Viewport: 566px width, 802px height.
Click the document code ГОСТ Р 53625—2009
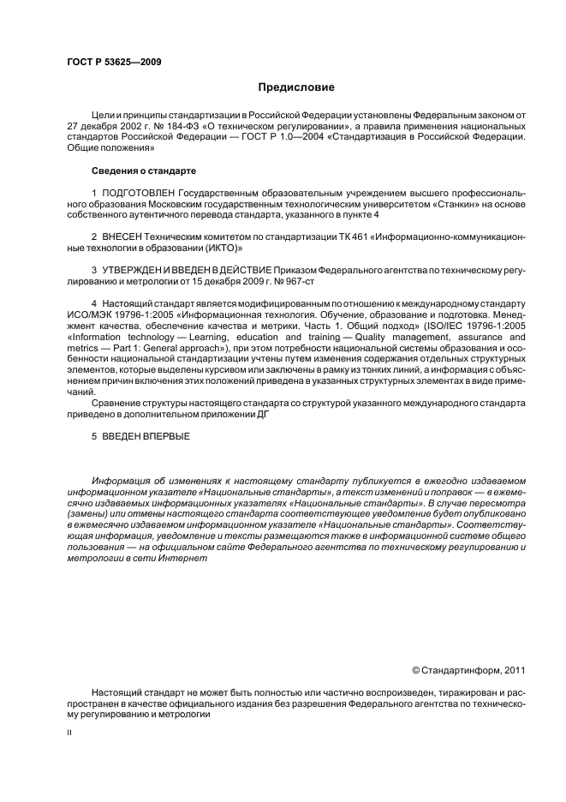coord(114,62)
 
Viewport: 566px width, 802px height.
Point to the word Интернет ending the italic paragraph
coord(183,559)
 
